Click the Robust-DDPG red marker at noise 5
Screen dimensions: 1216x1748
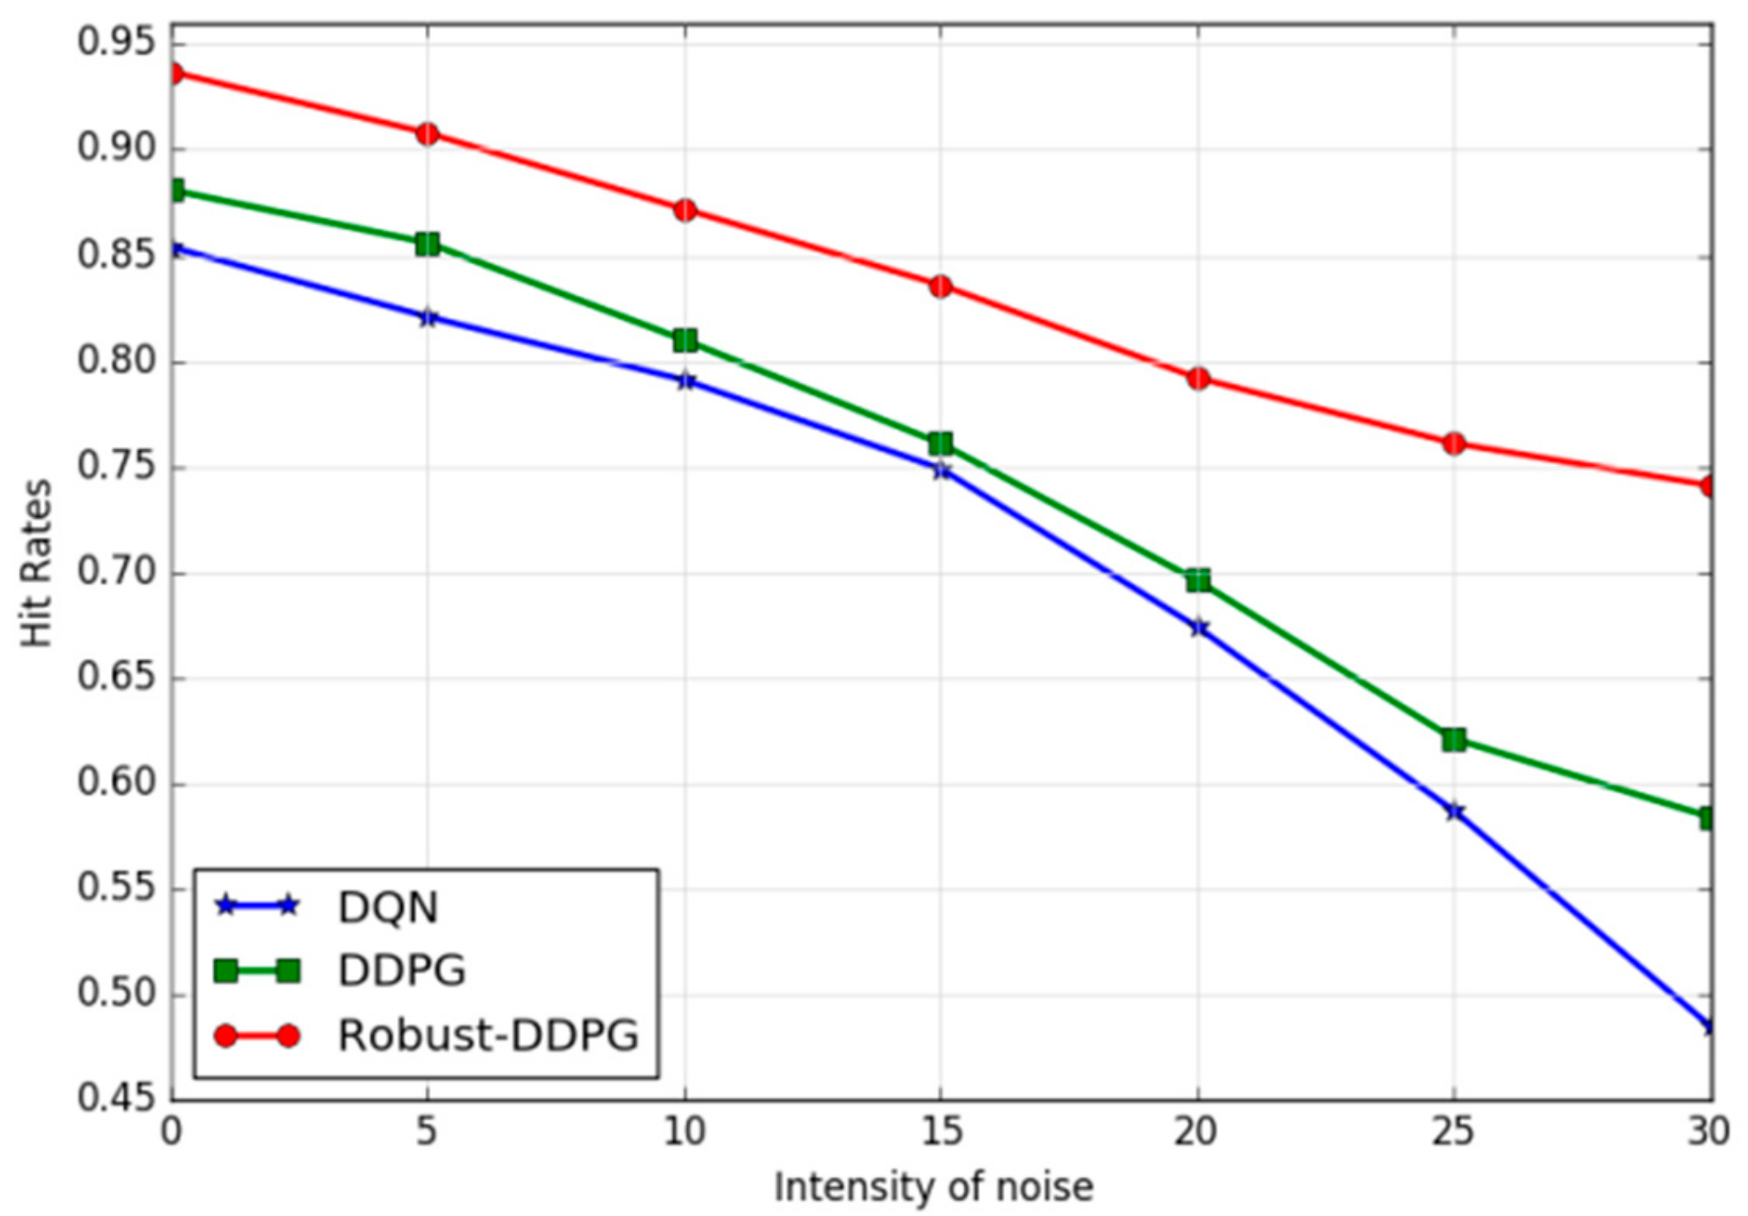click(x=427, y=133)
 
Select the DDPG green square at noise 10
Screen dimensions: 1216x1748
click(x=685, y=340)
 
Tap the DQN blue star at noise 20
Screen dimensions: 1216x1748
click(x=1198, y=628)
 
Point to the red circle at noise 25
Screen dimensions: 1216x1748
click(x=1454, y=443)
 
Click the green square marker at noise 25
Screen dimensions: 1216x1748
click(x=1454, y=739)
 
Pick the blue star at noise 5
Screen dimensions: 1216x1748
click(x=427, y=317)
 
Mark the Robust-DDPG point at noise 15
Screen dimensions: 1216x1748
click(x=940, y=286)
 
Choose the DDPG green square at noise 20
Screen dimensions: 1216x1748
click(x=1198, y=580)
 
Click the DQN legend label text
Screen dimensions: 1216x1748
click(x=387, y=907)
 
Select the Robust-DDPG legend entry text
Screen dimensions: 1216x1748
click(x=488, y=1035)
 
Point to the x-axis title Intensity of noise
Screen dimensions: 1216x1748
click(x=933, y=1187)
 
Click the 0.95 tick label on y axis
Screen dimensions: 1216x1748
click(x=116, y=43)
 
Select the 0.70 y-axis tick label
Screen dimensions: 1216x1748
click(x=116, y=572)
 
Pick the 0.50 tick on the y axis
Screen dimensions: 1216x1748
click(x=116, y=993)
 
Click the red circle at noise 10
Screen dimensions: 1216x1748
click(x=685, y=210)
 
